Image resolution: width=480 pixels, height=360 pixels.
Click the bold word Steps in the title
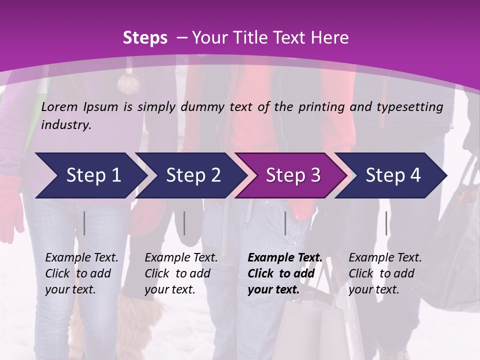pyautogui.click(x=145, y=38)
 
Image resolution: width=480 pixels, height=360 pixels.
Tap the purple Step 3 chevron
pyautogui.click(x=293, y=175)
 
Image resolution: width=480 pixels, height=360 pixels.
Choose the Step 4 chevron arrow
pyautogui.click(x=393, y=175)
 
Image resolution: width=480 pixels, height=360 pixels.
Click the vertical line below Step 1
pyautogui.click(x=84, y=223)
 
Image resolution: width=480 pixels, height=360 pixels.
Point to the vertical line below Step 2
pyautogui.click(x=184, y=223)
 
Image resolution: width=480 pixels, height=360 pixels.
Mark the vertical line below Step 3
pyautogui.click(x=285, y=223)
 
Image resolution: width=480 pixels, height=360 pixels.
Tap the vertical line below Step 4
pyautogui.click(x=386, y=223)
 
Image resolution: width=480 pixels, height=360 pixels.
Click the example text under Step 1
pyautogui.click(x=81, y=273)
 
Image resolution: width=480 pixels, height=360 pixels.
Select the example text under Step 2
pyautogui.click(x=181, y=273)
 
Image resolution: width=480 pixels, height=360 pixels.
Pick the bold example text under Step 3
pyautogui.click(x=285, y=273)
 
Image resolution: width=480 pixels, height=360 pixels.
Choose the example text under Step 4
pyautogui.click(x=385, y=273)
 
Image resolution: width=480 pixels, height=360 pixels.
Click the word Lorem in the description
pyautogui.click(x=59, y=106)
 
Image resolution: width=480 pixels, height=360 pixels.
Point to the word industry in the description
pyautogui.click(x=65, y=125)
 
